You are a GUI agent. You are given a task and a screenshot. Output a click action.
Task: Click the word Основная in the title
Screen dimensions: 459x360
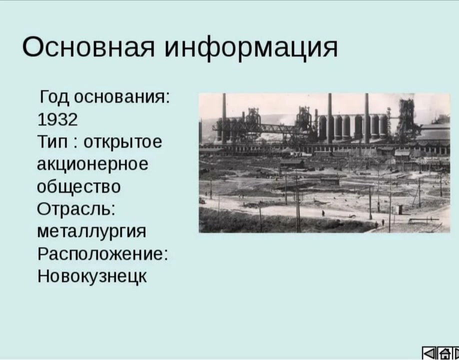click(x=88, y=47)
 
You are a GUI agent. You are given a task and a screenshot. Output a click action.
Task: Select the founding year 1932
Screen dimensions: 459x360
click(x=57, y=119)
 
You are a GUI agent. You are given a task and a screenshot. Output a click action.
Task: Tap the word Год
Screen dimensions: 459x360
click(x=54, y=97)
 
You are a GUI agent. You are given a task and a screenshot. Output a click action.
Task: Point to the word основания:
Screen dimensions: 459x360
click(x=122, y=97)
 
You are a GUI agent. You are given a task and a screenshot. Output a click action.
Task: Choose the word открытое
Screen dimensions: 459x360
click(x=122, y=142)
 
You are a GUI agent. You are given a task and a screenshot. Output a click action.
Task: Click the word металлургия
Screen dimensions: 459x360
click(x=91, y=232)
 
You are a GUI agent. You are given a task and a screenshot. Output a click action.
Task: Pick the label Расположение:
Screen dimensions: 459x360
click(x=102, y=254)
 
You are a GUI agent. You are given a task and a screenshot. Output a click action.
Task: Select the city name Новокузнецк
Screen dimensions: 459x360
click(x=92, y=276)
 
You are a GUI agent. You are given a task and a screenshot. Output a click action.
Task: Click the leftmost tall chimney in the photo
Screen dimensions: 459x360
click(x=224, y=118)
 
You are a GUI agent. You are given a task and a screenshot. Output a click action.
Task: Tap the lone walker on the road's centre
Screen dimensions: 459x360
click(x=323, y=213)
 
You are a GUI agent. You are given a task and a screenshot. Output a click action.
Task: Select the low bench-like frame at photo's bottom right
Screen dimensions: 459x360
click(x=423, y=220)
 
